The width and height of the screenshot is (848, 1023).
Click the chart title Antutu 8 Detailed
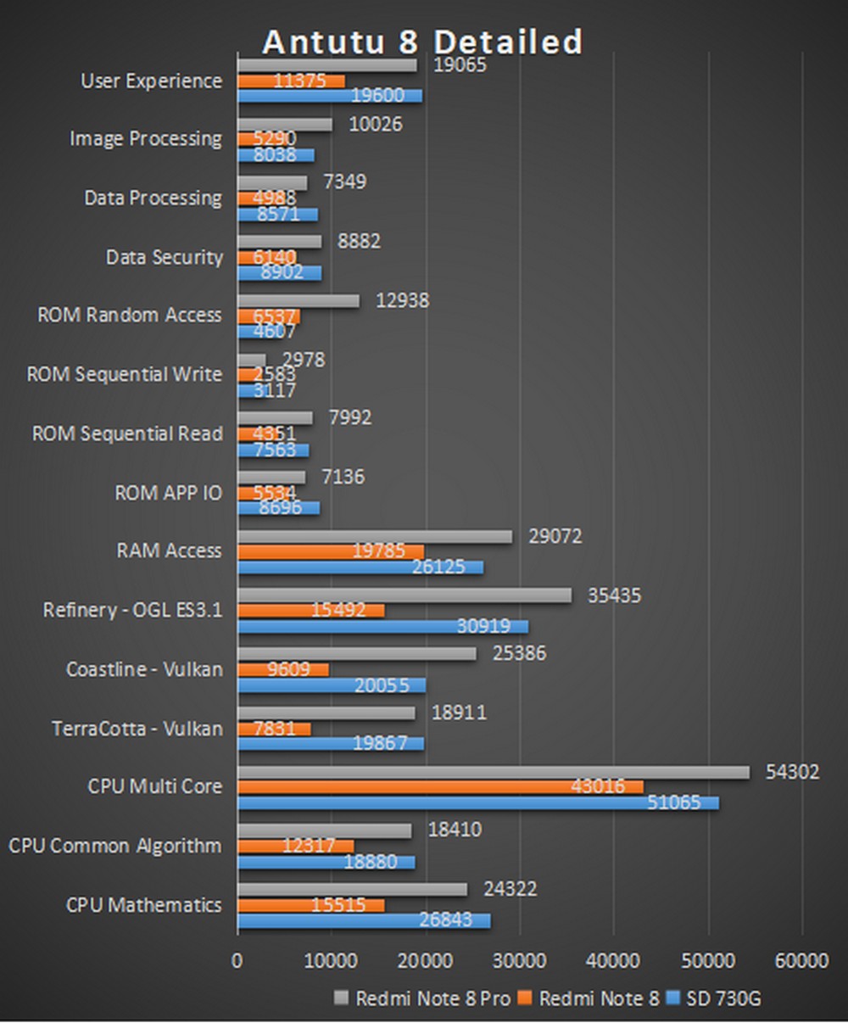tap(422, 42)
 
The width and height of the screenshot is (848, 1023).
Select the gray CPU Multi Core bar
tap(494, 772)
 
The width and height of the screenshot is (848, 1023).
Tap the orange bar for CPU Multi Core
tap(440, 787)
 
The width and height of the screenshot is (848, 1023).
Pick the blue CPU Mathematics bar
tap(364, 920)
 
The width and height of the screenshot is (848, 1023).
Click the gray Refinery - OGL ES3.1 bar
tap(404, 595)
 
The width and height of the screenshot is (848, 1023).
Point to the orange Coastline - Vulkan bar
tap(282, 669)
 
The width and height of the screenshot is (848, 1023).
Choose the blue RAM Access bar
tap(360, 567)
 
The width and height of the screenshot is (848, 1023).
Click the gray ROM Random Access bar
tap(298, 300)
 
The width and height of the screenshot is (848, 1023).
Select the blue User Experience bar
tap(330, 96)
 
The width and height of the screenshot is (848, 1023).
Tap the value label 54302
tap(792, 772)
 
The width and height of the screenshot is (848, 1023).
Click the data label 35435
tap(614, 595)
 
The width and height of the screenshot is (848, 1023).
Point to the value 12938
tap(402, 300)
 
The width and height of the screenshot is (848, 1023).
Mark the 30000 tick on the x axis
tap(519, 961)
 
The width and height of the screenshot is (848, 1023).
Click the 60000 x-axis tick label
tap(801, 961)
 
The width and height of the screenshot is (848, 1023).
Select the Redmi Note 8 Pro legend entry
tap(423, 998)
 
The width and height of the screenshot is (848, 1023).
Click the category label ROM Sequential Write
tap(125, 374)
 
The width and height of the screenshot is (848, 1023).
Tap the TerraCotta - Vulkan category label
tap(137, 729)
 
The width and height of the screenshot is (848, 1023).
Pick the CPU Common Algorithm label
tap(115, 846)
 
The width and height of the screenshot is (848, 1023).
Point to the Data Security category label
tap(164, 257)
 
